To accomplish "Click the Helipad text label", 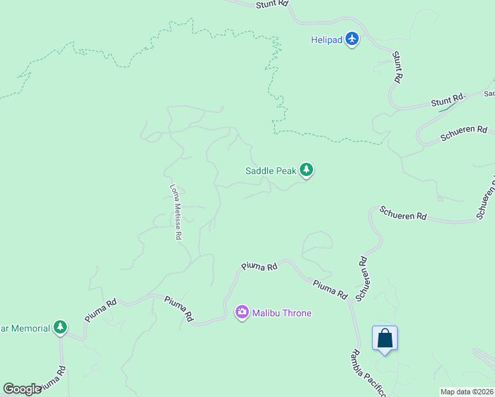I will point(327,40).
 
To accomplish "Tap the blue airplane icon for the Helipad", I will point(352,40).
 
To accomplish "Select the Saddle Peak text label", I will point(271,171).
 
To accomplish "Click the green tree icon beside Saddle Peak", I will point(306,171).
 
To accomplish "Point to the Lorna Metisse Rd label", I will point(176,212).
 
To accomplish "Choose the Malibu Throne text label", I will point(281,313).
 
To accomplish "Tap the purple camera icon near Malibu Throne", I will point(242,312).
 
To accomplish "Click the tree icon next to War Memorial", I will point(60,328).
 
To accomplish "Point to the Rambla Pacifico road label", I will point(369,374).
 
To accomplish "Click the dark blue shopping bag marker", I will point(384,339).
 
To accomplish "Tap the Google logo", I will point(22,389).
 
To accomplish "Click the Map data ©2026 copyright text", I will point(467,392).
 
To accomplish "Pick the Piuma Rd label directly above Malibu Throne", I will point(259,266).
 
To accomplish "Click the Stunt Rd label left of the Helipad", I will point(273,3).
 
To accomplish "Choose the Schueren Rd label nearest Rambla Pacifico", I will point(361,279).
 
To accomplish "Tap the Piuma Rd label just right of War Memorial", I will point(101,310).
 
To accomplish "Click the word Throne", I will point(296,313).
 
